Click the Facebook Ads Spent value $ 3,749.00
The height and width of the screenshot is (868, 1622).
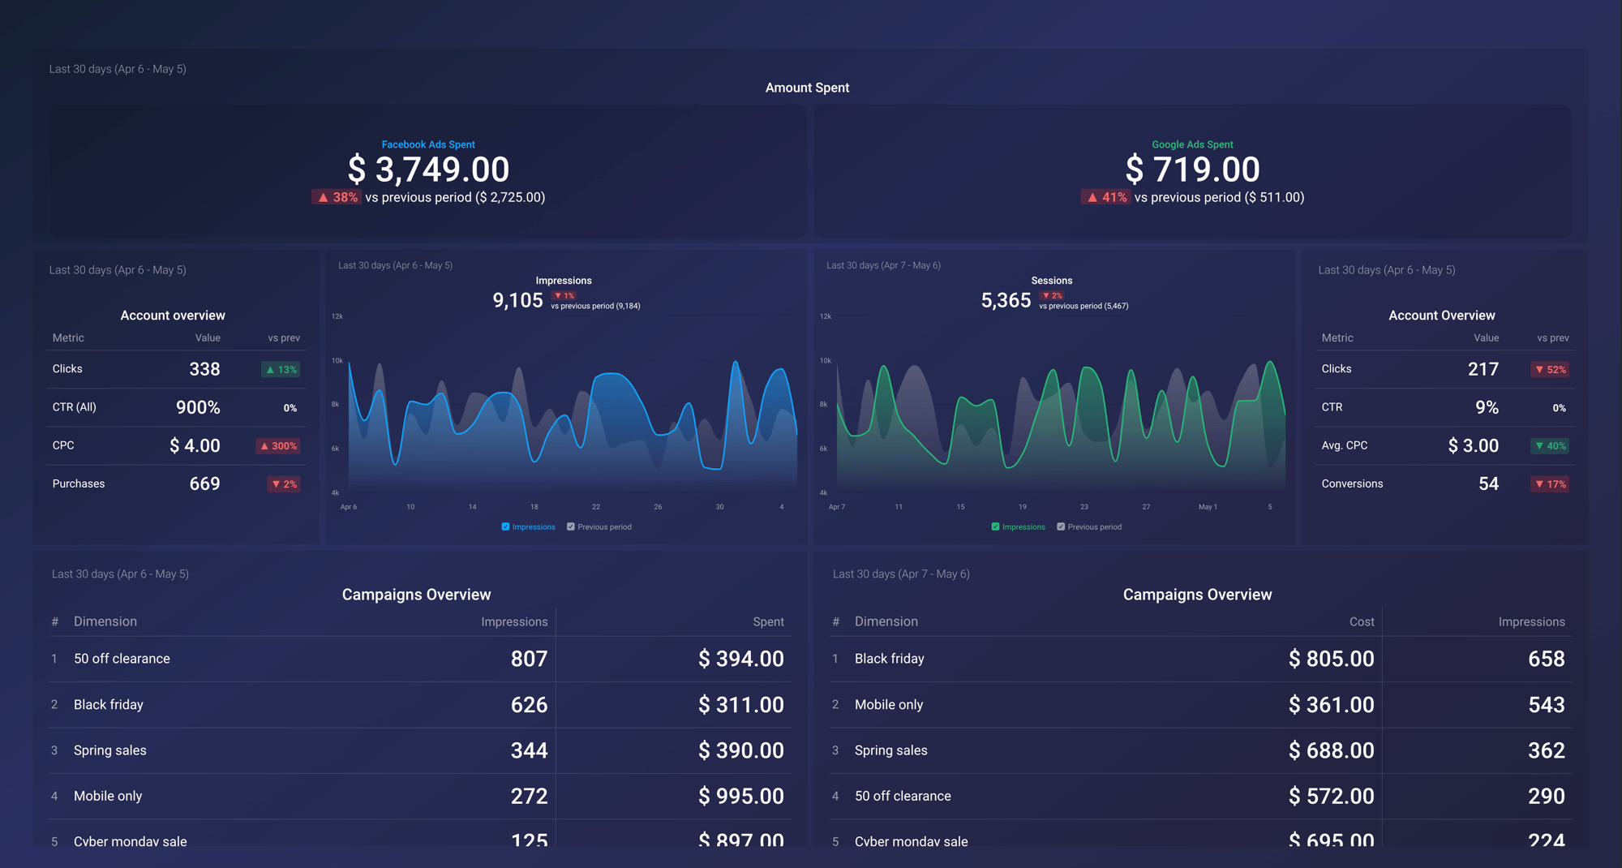pos(428,170)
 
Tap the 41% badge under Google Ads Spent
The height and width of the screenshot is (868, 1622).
pos(1105,197)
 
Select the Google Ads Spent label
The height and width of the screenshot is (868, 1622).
pos(1192,144)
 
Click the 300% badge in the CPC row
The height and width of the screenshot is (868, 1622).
pos(278,446)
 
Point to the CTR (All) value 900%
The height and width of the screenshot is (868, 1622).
pos(198,407)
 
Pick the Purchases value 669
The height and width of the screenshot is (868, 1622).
pos(204,483)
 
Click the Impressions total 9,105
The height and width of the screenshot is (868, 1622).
pos(517,300)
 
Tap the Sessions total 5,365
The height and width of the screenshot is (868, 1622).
pos(1006,300)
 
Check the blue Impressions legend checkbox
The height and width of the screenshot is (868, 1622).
pos(506,526)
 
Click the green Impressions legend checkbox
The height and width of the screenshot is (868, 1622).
pos(995,526)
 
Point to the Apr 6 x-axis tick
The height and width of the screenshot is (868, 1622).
pos(349,507)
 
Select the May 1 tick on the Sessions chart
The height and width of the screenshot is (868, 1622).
pos(1207,507)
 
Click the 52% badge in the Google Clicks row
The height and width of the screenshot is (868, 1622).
pos(1550,370)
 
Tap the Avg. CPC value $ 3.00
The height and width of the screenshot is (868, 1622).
pos(1473,445)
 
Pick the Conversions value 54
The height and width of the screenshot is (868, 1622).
pos(1488,483)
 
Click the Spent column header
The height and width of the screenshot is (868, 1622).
pos(768,621)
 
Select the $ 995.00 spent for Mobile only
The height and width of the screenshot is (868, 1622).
pos(740,796)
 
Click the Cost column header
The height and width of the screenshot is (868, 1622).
pos(1361,621)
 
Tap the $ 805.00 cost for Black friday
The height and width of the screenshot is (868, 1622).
pos(1331,659)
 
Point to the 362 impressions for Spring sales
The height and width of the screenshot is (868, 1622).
pos(1546,750)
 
